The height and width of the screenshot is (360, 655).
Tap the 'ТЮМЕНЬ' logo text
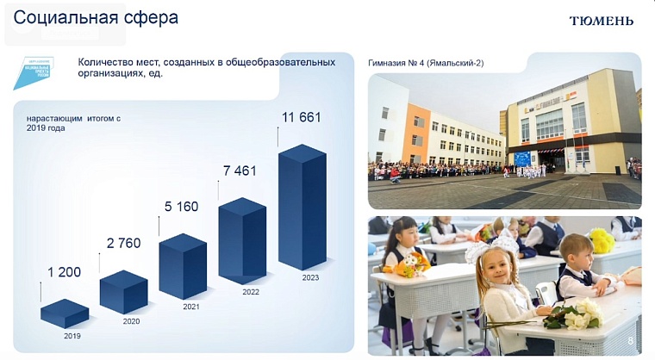602,20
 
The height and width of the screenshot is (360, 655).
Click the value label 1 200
64,272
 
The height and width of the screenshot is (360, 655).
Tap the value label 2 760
122,244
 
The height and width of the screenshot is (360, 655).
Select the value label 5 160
182,207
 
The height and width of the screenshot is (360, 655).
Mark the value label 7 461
240,171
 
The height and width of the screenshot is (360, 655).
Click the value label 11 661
302,116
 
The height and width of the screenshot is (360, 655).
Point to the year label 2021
192,306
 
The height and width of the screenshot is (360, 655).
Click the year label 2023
310,277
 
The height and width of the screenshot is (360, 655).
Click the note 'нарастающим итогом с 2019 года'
72,123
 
